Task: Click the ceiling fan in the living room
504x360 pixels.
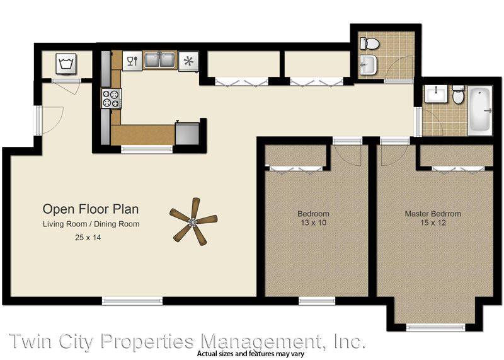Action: (x=193, y=222)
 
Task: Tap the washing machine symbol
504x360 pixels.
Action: (x=66, y=64)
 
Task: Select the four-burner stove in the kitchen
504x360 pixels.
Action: (x=112, y=98)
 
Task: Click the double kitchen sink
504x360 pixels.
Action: (x=160, y=61)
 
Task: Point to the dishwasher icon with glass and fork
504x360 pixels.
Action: (x=132, y=61)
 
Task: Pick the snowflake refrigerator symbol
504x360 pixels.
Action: (x=188, y=61)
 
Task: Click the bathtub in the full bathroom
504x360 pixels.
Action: (x=480, y=110)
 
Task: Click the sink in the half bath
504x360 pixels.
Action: (x=369, y=65)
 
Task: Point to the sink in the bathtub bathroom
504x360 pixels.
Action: (x=435, y=95)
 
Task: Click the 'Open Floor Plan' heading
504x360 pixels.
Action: (x=91, y=209)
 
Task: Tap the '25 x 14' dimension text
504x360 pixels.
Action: (x=88, y=238)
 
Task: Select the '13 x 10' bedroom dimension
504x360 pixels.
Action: (x=313, y=223)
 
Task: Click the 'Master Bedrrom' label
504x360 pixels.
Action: (x=433, y=214)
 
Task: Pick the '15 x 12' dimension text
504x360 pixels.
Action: (x=433, y=223)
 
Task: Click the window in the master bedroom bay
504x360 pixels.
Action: (x=435, y=327)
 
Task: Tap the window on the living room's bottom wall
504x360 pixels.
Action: (x=132, y=301)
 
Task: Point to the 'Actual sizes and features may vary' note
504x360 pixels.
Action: (x=251, y=354)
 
